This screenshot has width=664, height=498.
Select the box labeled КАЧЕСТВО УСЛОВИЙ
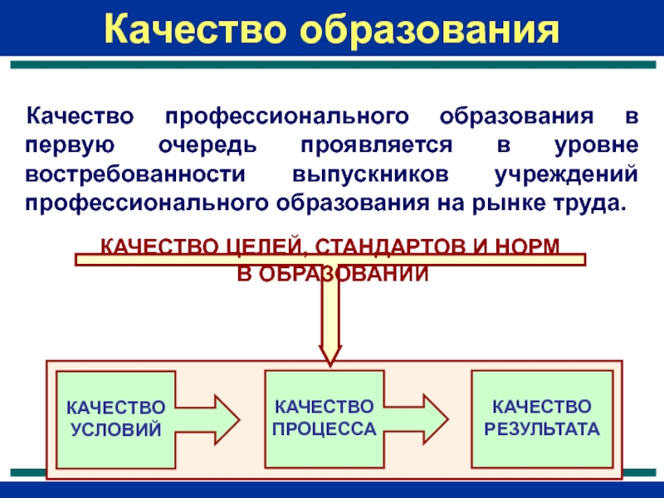(x=115, y=419)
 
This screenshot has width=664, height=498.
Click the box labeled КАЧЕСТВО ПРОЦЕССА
(x=324, y=418)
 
